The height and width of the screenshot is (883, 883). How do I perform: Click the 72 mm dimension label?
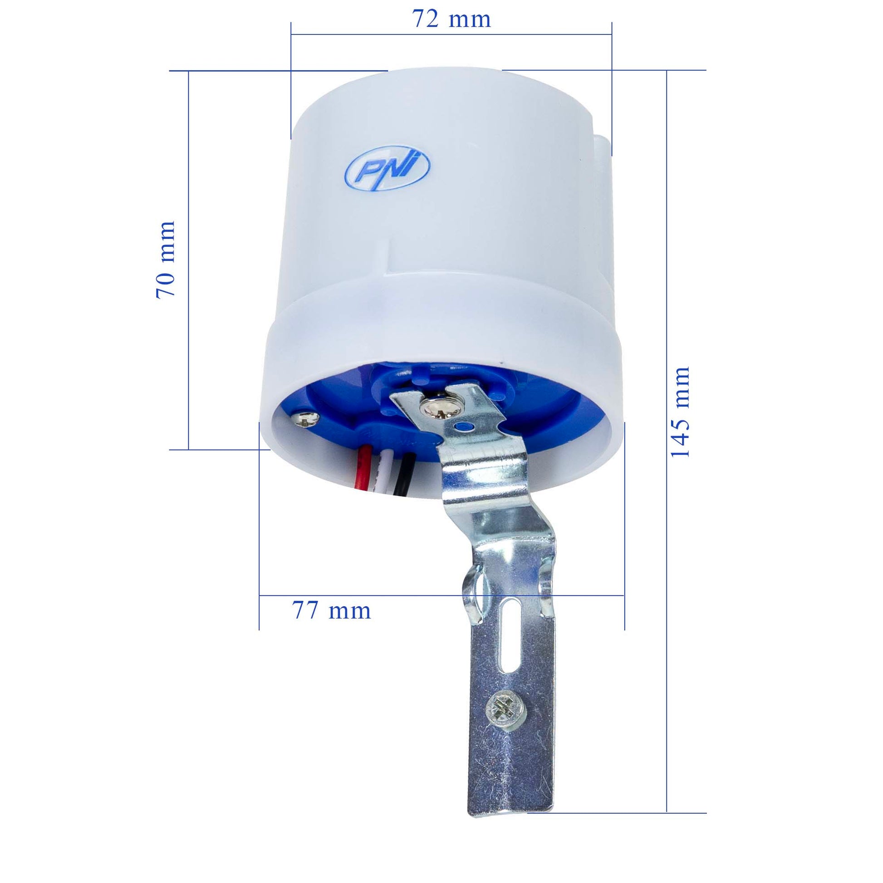tap(451, 19)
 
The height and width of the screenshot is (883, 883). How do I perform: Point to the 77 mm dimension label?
tap(331, 611)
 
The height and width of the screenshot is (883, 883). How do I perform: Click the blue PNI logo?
tap(388, 168)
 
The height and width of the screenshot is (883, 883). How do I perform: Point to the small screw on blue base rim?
tap(306, 417)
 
